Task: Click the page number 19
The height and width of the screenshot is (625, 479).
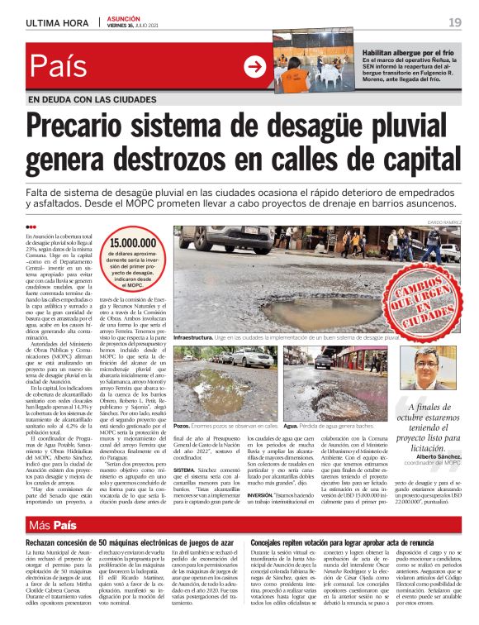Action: [455, 21]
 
